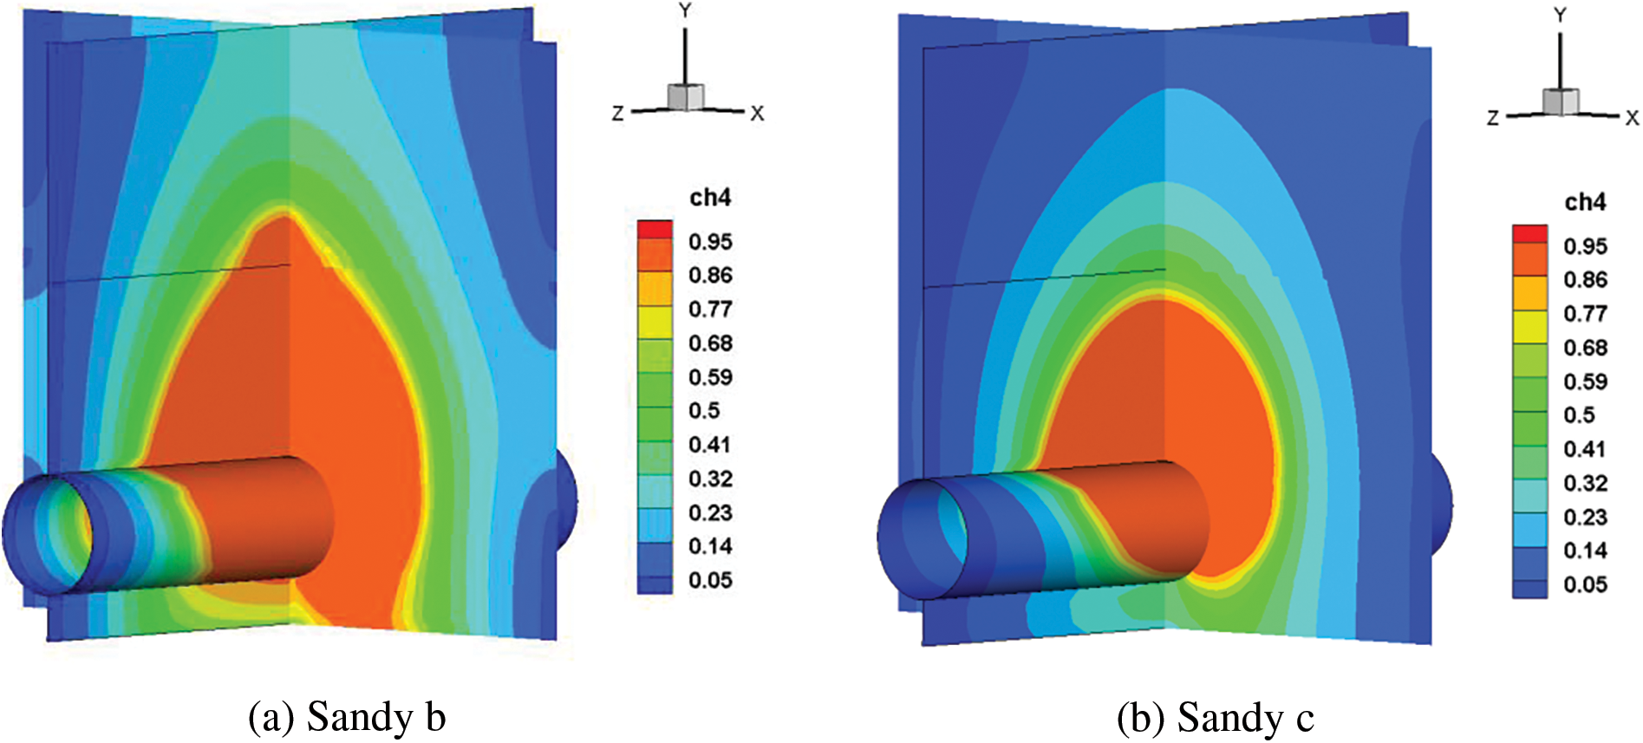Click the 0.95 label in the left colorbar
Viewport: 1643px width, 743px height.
(710, 242)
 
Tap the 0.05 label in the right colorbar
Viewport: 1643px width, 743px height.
(1586, 585)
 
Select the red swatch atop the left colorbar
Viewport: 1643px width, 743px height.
(655, 229)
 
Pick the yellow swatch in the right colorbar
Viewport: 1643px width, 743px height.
(1530, 327)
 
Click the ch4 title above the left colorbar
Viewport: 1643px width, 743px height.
(710, 198)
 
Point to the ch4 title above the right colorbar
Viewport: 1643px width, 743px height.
(1585, 202)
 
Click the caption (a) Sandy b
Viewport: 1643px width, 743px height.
(347, 717)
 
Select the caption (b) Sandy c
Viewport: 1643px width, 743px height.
(1216, 718)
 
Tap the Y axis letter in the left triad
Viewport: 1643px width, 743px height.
(685, 11)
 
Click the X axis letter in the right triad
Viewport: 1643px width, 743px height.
(1632, 118)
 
